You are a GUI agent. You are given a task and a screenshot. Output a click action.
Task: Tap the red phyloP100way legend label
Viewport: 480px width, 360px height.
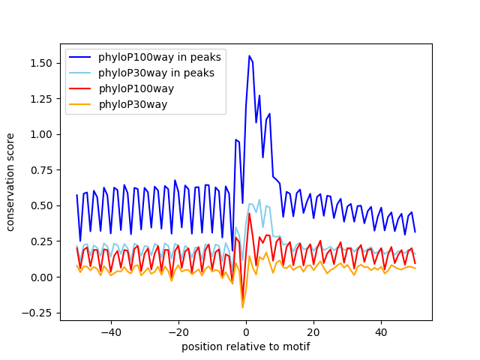click(x=146, y=88)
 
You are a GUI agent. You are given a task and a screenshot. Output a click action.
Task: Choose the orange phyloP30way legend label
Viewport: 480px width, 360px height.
click(x=143, y=104)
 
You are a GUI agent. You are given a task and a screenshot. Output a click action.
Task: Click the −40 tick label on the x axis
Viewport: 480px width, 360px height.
click(x=111, y=332)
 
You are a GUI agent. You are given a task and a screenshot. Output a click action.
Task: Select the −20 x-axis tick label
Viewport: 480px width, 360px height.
click(x=178, y=332)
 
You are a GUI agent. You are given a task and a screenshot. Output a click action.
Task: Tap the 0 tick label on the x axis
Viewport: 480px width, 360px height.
click(x=246, y=332)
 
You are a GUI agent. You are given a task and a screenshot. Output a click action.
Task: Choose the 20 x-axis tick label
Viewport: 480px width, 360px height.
click(x=313, y=332)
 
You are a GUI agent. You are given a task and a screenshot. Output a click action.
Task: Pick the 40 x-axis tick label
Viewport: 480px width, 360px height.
click(x=381, y=332)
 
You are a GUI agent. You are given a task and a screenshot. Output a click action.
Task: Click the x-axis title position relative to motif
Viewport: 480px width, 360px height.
click(x=245, y=346)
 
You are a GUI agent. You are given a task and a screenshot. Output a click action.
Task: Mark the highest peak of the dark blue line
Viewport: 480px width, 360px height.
click(x=250, y=55)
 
